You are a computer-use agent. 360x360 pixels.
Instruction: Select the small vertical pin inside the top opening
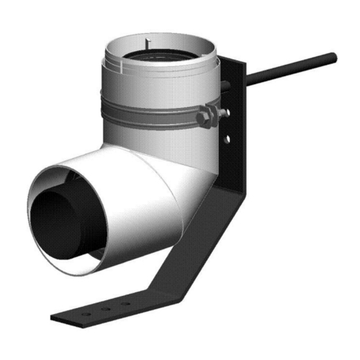tap(145, 42)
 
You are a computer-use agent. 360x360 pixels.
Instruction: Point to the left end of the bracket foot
tap(56, 318)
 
